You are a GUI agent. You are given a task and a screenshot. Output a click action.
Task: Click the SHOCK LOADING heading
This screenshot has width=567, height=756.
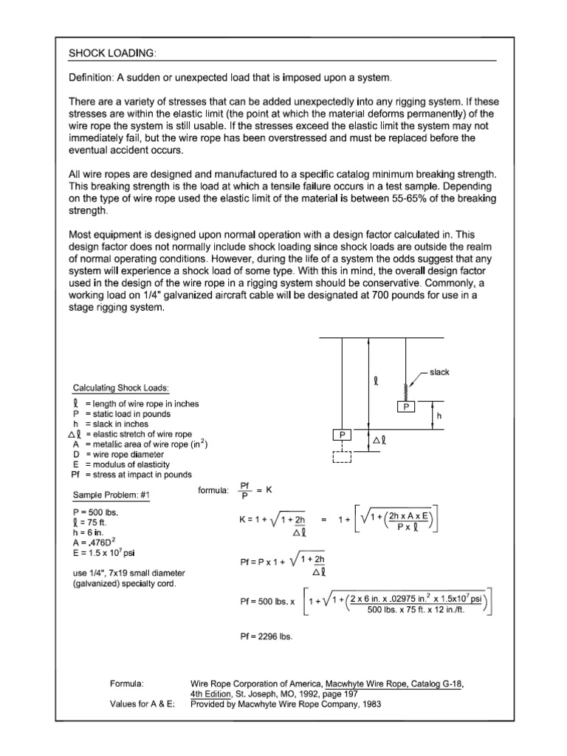(113, 54)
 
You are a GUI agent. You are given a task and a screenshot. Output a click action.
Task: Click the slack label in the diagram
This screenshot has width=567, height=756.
(440, 372)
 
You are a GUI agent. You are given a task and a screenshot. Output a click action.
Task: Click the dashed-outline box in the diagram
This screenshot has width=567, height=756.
(342, 458)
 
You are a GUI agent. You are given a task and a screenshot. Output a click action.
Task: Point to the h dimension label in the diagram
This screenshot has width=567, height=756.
(439, 416)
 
